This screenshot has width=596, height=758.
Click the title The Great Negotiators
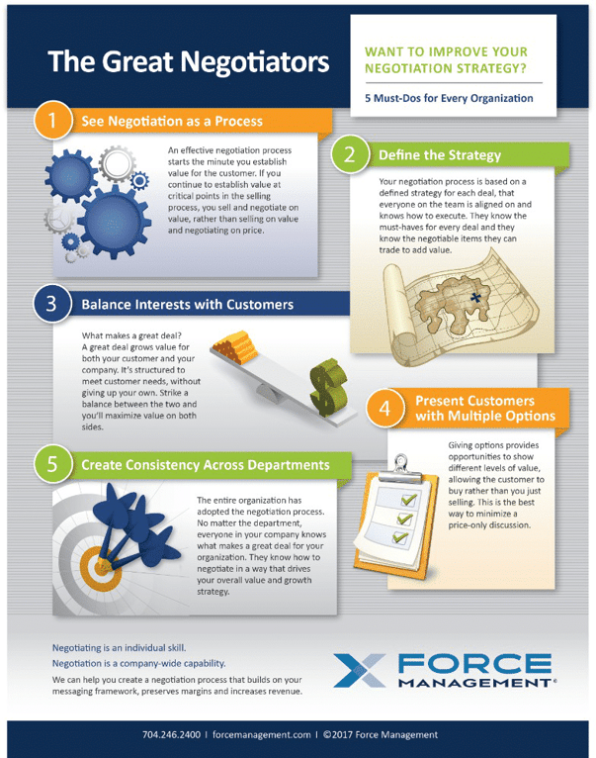[x=189, y=62]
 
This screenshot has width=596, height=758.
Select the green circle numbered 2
[x=351, y=155]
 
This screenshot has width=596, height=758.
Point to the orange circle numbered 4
[x=385, y=408]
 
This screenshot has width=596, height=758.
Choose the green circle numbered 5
[x=52, y=464]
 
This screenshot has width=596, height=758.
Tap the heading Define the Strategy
[x=439, y=155]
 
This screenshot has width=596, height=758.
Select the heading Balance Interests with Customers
[x=187, y=305]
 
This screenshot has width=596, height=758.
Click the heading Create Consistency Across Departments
[x=205, y=464]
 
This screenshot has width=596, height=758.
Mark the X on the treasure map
[x=475, y=296]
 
